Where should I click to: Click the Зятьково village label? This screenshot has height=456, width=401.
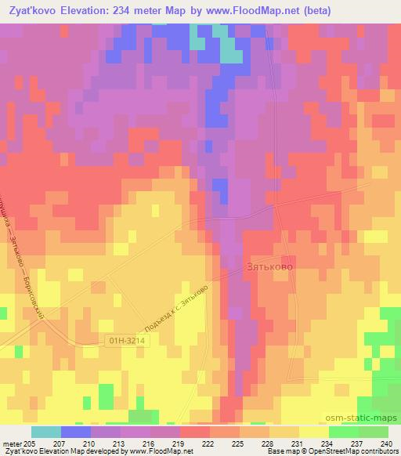(270, 267)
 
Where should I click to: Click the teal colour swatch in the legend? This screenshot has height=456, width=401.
(46, 432)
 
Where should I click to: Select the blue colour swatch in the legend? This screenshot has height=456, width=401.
(76, 432)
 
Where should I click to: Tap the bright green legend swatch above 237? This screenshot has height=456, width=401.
(344, 432)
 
